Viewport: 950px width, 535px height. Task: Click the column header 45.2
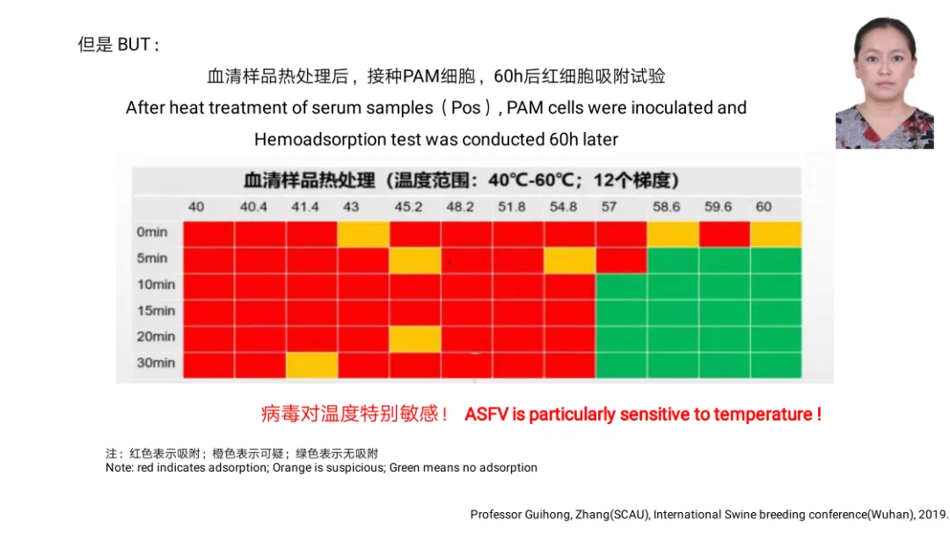407,207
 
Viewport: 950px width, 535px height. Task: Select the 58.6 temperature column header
666,207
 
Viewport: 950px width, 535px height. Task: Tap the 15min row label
156,311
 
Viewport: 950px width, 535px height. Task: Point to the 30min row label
156,363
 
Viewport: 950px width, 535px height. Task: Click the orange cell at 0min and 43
363,233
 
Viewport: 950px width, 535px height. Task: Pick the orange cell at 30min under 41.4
311,364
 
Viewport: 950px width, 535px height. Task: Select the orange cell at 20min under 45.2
415,338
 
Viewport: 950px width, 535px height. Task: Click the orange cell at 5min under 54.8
570,260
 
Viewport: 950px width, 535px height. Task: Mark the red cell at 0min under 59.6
724,233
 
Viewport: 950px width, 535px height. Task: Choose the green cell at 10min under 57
621,286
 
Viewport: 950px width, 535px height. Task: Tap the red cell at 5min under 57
621,260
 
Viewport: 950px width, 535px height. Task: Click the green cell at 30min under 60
776,364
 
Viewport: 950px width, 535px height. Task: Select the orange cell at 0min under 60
776,233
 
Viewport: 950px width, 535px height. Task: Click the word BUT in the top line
134,45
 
